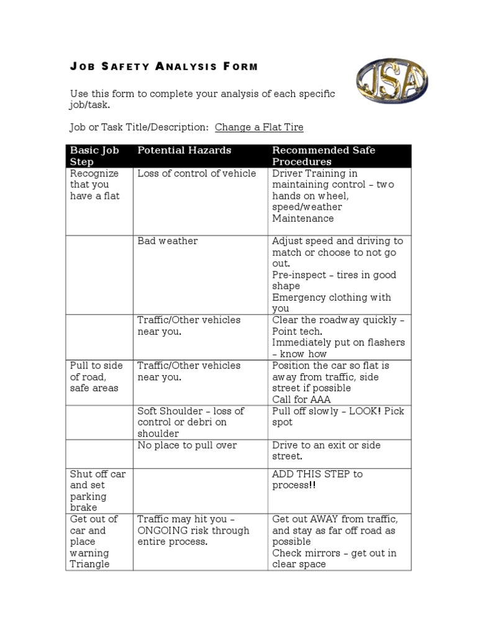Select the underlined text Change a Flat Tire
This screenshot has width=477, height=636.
point(259,127)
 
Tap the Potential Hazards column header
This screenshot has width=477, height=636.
point(184,150)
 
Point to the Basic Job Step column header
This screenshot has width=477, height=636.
point(94,156)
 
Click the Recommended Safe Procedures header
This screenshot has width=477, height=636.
point(324,156)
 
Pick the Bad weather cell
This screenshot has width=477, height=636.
point(168,241)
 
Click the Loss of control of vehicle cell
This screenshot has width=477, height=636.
point(196,173)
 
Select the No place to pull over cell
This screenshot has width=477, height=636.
point(187,445)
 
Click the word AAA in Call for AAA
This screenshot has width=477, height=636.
point(322,399)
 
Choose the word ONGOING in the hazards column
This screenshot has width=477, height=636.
point(163,530)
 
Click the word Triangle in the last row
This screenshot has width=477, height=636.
point(89,564)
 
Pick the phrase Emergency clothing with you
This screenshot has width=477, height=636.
point(332,302)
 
